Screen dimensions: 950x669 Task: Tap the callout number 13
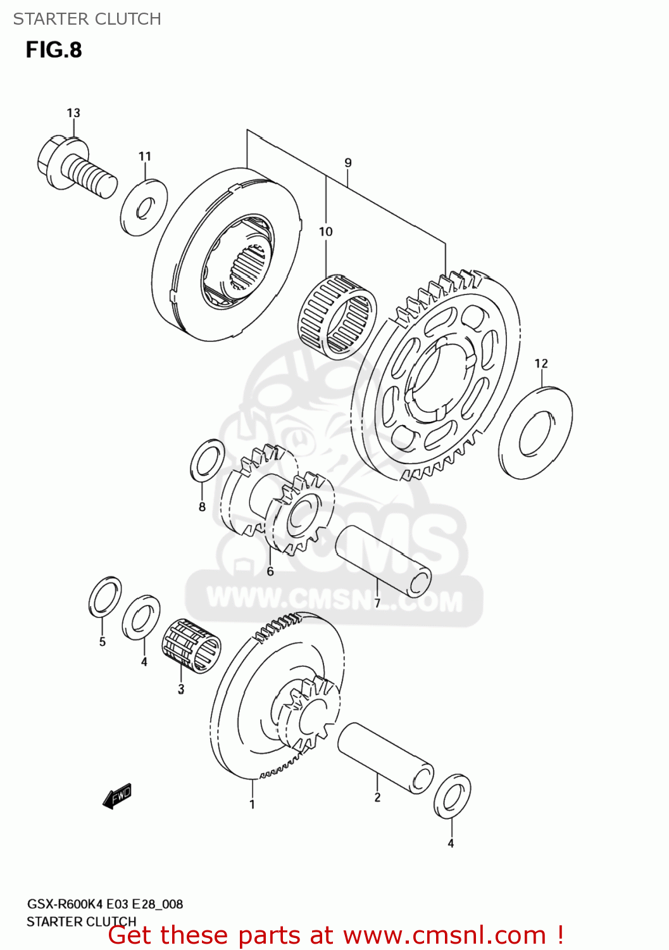click(73, 113)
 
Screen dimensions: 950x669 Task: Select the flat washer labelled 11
click(144, 207)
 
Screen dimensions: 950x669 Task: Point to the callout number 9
click(348, 163)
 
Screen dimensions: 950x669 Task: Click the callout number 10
click(325, 232)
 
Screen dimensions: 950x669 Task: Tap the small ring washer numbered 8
click(207, 460)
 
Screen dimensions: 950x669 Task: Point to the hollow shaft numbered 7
click(383, 561)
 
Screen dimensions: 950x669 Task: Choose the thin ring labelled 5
click(105, 597)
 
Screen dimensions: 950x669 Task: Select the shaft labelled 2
click(385, 758)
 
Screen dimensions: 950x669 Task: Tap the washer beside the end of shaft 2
click(452, 795)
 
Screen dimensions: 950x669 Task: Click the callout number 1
click(252, 805)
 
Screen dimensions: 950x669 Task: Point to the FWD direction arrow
click(117, 796)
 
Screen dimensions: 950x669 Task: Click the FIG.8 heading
click(54, 50)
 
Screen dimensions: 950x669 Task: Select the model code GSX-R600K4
click(65, 904)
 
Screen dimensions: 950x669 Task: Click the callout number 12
click(541, 364)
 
